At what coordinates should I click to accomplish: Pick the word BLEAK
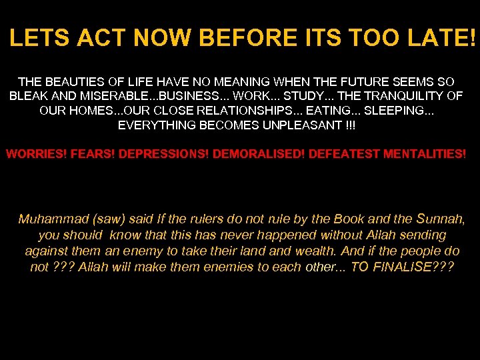pos(28,96)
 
